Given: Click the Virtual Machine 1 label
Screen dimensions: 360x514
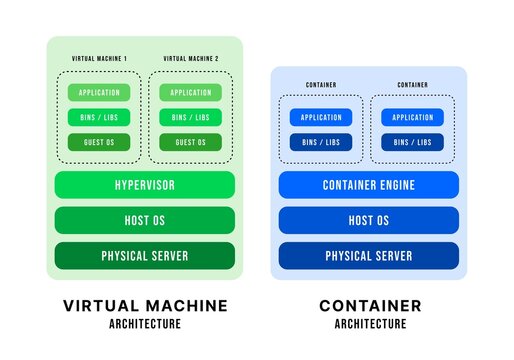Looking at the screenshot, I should (99, 60).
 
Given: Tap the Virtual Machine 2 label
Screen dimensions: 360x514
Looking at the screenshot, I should (190, 60).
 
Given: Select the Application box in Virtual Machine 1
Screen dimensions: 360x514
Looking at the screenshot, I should (99, 93).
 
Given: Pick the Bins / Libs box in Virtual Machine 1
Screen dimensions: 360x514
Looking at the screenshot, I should (99, 117).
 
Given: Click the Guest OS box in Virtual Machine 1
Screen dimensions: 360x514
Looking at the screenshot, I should (99, 142).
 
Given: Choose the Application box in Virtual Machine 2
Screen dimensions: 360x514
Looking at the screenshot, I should (190, 93).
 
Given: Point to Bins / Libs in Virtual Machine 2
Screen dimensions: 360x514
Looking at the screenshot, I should (190, 117).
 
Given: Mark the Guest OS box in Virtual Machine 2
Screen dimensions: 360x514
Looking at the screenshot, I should (190, 142).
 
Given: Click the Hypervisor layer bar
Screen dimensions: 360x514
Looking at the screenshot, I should (145, 184).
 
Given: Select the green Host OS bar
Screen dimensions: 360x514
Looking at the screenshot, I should (145, 220).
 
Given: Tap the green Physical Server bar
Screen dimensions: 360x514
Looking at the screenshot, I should (145, 256).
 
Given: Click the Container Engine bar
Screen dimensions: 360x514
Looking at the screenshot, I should (368, 184).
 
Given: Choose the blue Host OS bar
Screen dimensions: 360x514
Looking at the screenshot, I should (368, 220).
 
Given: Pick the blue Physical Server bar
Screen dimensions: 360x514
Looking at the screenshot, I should (368, 256).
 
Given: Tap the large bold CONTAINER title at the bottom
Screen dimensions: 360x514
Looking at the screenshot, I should (370, 305).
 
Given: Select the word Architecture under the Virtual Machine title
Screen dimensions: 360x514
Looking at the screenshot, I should (145, 324).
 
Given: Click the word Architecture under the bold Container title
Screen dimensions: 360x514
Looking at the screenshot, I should (370, 324).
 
